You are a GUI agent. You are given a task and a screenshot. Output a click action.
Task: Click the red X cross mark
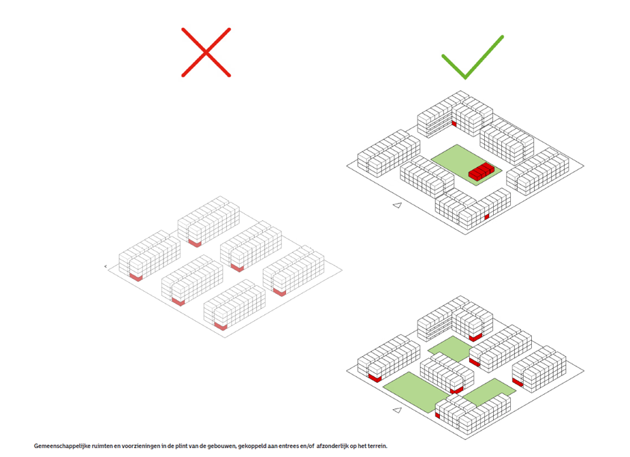206,53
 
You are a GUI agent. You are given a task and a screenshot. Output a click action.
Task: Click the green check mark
469,59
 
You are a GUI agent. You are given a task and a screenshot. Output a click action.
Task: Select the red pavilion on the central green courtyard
481,171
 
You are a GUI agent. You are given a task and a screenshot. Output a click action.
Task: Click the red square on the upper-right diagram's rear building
454,123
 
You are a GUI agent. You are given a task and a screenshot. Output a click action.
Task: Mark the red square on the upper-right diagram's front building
486,216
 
